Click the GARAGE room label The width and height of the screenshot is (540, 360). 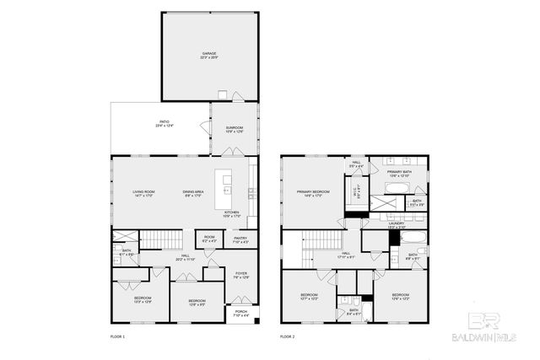click(x=208, y=56)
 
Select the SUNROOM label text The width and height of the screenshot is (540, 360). click(x=234, y=130)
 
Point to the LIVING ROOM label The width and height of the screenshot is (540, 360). click(x=143, y=194)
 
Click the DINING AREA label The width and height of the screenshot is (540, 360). click(x=193, y=194)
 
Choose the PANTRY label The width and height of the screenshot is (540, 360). click(x=240, y=239)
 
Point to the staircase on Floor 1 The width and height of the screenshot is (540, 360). click(x=155, y=239)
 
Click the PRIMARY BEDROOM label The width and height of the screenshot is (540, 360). click(x=313, y=193)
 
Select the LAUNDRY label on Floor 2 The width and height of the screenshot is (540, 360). click(x=373, y=226)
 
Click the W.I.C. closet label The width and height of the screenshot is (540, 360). click(x=355, y=191)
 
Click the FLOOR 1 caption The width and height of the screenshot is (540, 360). click(x=117, y=336)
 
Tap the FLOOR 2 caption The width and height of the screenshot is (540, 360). click(x=289, y=336)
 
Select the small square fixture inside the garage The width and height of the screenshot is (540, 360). click(x=223, y=94)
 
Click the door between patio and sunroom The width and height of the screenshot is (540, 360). click(x=205, y=127)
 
